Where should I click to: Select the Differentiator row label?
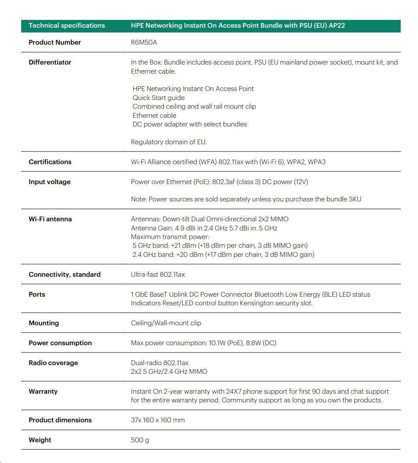click(50, 62)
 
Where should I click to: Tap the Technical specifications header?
click(67, 26)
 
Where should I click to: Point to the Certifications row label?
click(50, 162)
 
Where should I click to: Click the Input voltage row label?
click(49, 182)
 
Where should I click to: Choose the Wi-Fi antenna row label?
click(50, 219)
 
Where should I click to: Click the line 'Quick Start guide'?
click(158, 98)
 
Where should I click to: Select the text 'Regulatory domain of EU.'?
click(169, 142)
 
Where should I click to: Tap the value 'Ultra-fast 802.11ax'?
click(158, 275)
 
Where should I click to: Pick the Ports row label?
click(37, 295)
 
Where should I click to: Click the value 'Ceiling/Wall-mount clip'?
click(166, 323)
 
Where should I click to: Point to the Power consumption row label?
click(60, 343)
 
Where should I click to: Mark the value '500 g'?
click(140, 440)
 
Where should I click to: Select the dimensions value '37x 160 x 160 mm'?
click(158, 420)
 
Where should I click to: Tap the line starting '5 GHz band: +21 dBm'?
click(220, 246)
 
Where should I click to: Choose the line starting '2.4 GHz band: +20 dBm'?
click(223, 255)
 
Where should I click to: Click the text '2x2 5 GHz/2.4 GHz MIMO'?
click(169, 372)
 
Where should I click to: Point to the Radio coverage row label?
click(53, 363)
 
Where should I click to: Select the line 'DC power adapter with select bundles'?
click(190, 124)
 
